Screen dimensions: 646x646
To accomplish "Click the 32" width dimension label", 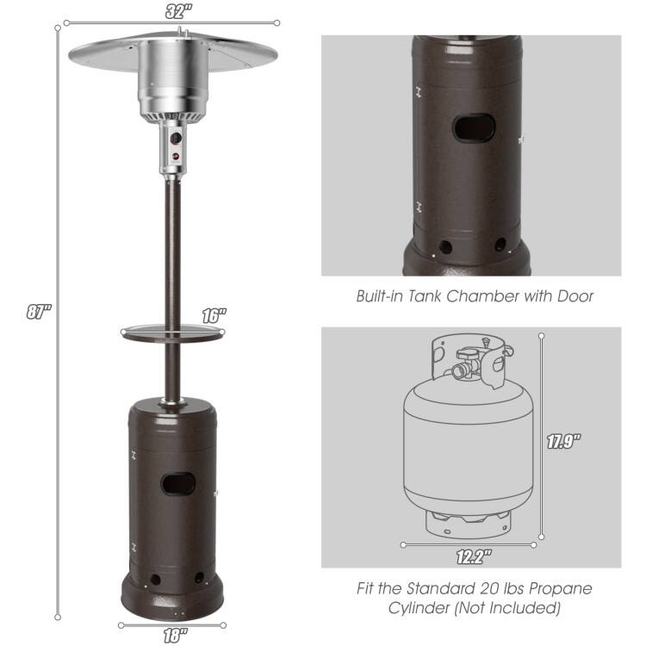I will pyautogui.click(x=178, y=10).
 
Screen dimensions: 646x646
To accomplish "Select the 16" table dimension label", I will pyautogui.click(x=214, y=316).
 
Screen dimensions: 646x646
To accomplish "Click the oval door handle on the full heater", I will pyautogui.click(x=178, y=483).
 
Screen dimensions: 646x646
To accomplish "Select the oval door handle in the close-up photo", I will pyautogui.click(x=475, y=128).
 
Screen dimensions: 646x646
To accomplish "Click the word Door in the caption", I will pyautogui.click(x=576, y=296).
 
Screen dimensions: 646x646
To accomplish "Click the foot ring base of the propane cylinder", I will pyautogui.click(x=466, y=522).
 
